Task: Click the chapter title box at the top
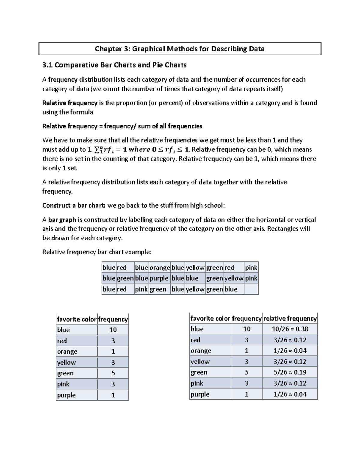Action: click(180, 49)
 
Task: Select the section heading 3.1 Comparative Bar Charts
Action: click(114, 65)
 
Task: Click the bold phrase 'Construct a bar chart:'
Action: click(74, 206)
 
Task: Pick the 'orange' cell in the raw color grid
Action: click(160, 268)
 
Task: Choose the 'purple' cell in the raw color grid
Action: click(159, 278)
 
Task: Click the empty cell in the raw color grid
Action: click(251, 289)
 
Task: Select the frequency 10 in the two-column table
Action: click(113, 330)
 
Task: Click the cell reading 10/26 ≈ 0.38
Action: click(290, 329)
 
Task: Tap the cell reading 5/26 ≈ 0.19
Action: click(290, 372)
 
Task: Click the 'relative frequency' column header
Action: click(290, 318)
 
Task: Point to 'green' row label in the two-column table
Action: click(65, 373)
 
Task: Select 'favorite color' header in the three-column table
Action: click(210, 318)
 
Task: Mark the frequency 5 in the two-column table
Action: click(113, 373)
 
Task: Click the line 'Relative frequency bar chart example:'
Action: click(97, 252)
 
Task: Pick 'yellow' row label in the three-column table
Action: click(200, 362)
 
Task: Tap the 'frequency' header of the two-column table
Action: click(113, 319)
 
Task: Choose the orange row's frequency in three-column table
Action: click(247, 351)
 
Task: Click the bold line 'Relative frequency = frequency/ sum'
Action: click(122, 126)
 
